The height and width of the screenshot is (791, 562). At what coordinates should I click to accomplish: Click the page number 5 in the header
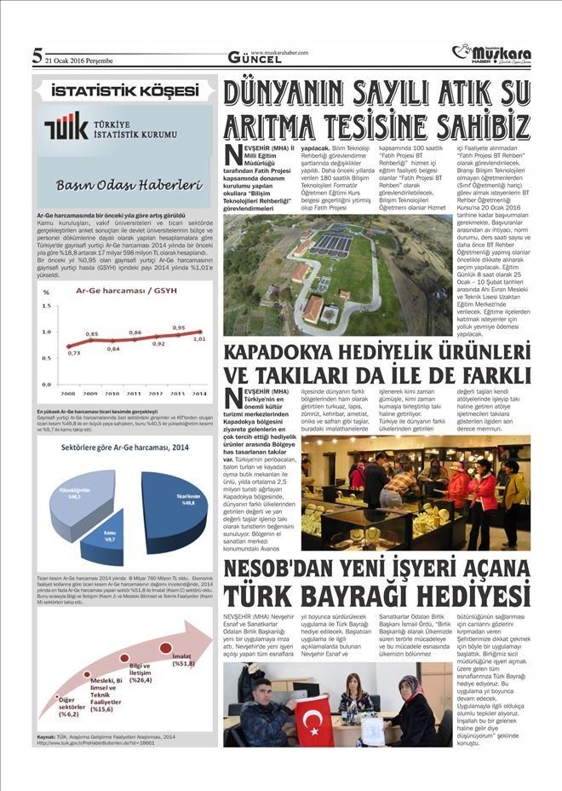tap(37, 57)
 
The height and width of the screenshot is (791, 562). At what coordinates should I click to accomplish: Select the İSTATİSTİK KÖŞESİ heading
tap(124, 90)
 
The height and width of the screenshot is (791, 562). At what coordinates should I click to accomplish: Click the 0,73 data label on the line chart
tap(74, 351)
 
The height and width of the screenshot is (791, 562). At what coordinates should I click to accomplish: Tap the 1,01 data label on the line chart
tap(198, 338)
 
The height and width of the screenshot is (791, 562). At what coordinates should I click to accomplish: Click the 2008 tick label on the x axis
tap(69, 394)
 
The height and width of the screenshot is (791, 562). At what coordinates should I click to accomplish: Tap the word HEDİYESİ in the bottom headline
tap(465, 593)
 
